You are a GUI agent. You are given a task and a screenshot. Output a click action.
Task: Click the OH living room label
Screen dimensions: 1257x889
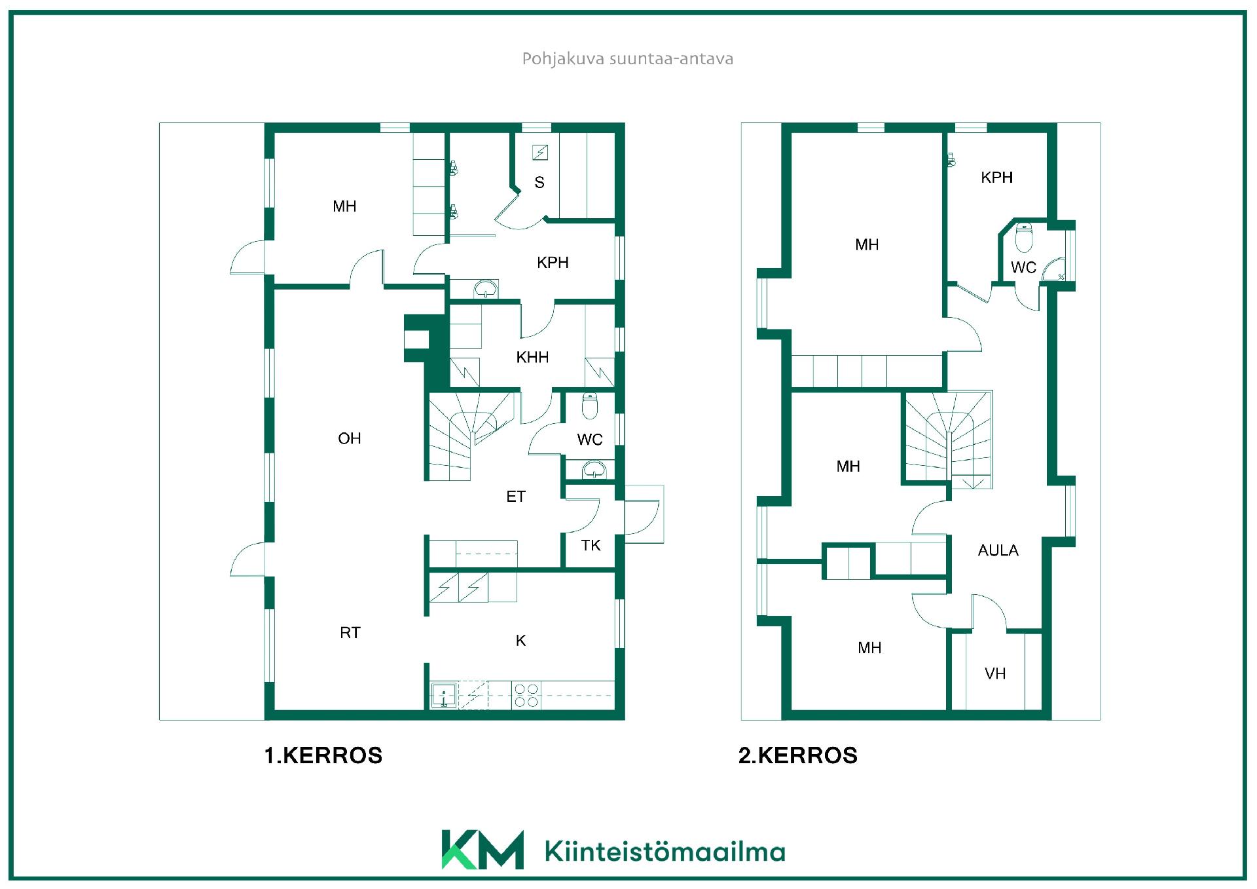click(349, 438)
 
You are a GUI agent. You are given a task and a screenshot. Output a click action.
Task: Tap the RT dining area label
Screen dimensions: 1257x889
click(350, 632)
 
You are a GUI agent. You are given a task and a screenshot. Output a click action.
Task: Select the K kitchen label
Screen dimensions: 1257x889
click(520, 640)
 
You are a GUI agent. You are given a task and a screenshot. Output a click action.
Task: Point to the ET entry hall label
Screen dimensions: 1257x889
click(516, 497)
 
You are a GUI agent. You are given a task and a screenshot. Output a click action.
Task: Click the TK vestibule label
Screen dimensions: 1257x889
click(591, 545)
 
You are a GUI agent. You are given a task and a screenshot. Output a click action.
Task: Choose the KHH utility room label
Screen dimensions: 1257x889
click(532, 357)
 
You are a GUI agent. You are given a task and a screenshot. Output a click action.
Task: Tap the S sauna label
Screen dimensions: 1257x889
click(539, 182)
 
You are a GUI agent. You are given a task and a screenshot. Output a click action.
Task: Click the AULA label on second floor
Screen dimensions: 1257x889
click(998, 550)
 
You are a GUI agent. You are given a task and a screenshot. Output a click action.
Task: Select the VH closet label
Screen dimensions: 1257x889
click(995, 673)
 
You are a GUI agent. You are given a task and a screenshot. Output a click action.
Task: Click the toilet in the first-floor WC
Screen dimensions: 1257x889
click(590, 406)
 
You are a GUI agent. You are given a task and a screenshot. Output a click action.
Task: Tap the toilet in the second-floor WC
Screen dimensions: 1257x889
click(1023, 238)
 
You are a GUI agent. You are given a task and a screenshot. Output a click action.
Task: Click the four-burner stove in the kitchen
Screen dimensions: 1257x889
click(526, 695)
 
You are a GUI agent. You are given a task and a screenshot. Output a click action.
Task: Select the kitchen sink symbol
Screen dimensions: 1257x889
click(444, 696)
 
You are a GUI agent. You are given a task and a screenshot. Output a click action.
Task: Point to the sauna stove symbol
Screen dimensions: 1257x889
click(539, 153)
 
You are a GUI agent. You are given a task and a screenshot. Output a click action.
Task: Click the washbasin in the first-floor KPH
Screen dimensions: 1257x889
click(485, 288)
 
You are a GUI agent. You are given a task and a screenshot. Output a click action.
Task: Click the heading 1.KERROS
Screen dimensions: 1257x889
click(323, 755)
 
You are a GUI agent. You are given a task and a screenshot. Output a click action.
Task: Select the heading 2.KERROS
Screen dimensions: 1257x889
click(797, 755)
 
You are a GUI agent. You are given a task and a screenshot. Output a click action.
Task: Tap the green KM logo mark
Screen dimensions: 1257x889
click(483, 850)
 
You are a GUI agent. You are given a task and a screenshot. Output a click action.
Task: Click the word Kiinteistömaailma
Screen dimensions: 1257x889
click(665, 852)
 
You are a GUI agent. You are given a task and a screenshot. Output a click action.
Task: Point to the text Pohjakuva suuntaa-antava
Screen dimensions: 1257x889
click(627, 59)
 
